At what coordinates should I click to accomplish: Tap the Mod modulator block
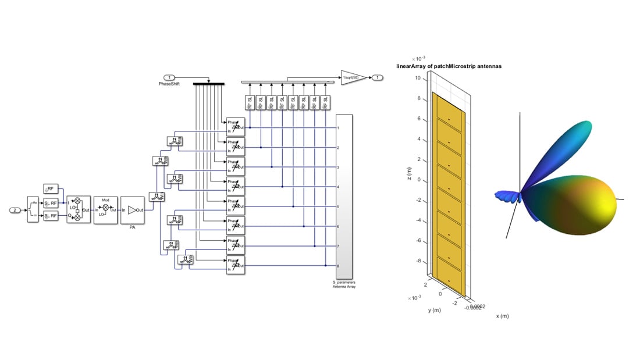(x=105, y=209)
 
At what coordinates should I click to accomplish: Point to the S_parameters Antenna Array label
(x=344, y=284)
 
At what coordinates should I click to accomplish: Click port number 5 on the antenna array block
(x=338, y=206)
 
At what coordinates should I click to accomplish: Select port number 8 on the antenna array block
(x=338, y=266)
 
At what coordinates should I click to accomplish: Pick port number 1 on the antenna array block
(x=338, y=127)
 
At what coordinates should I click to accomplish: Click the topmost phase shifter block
(x=236, y=126)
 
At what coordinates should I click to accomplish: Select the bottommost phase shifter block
(x=236, y=265)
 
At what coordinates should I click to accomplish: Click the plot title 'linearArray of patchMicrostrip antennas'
(x=449, y=66)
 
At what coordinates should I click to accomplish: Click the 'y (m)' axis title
(x=435, y=310)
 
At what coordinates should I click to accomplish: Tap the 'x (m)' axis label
(x=502, y=316)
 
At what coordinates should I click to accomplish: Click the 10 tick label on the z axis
(x=418, y=78)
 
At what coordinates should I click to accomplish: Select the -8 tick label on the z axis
(x=417, y=261)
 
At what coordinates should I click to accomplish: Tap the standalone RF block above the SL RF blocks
(x=50, y=188)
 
